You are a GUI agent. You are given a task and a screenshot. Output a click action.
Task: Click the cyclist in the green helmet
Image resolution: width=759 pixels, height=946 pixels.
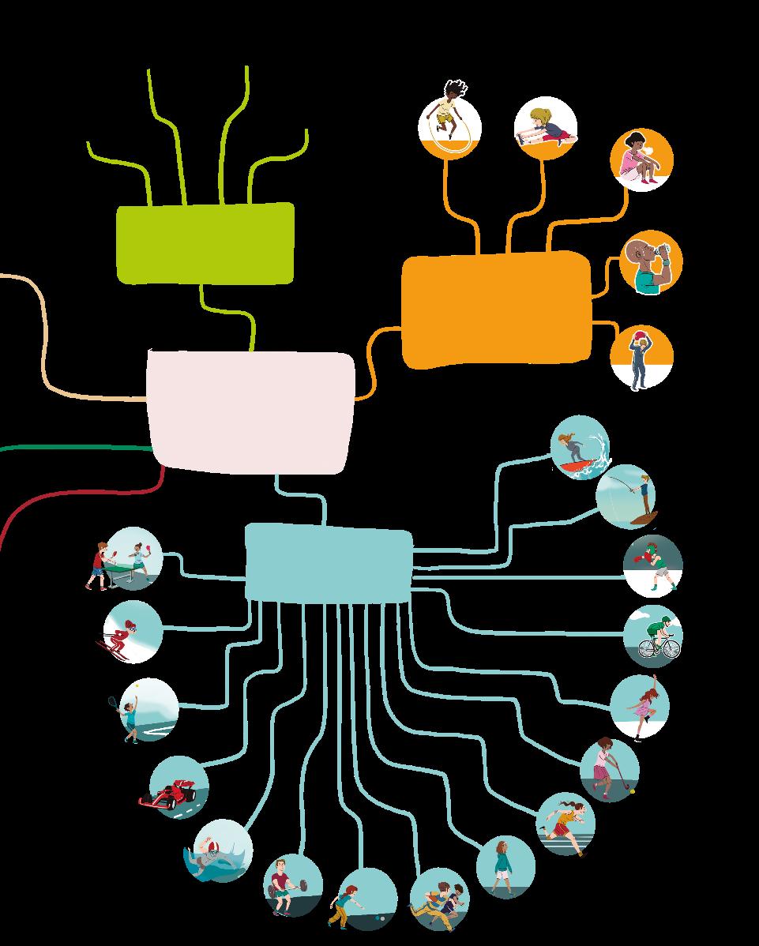[659, 636]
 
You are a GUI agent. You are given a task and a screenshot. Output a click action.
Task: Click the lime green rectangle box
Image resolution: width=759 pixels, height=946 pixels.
[205, 242]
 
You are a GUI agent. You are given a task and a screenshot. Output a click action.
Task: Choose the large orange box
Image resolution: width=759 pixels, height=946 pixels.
[496, 310]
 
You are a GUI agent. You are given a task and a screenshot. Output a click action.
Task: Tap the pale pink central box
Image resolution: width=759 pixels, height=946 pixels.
[251, 411]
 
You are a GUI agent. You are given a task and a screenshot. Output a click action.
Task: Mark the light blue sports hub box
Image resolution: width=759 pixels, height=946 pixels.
[329, 562]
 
